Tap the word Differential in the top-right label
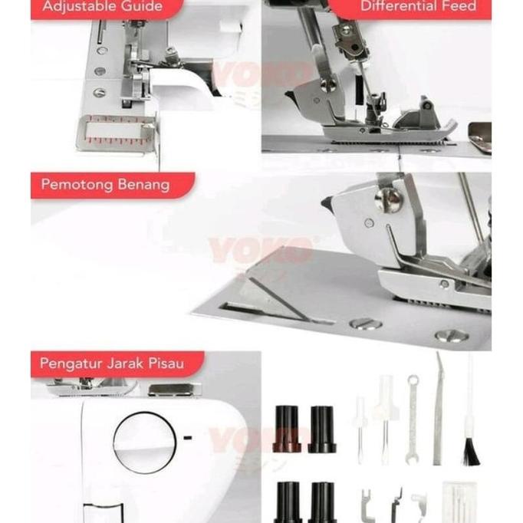point(390,7)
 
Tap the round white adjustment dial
point(144,442)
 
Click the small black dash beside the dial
point(188,438)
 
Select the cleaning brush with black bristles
point(470,429)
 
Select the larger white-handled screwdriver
point(384,418)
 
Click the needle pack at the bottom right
point(459,504)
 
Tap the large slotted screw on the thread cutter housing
point(389,199)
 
